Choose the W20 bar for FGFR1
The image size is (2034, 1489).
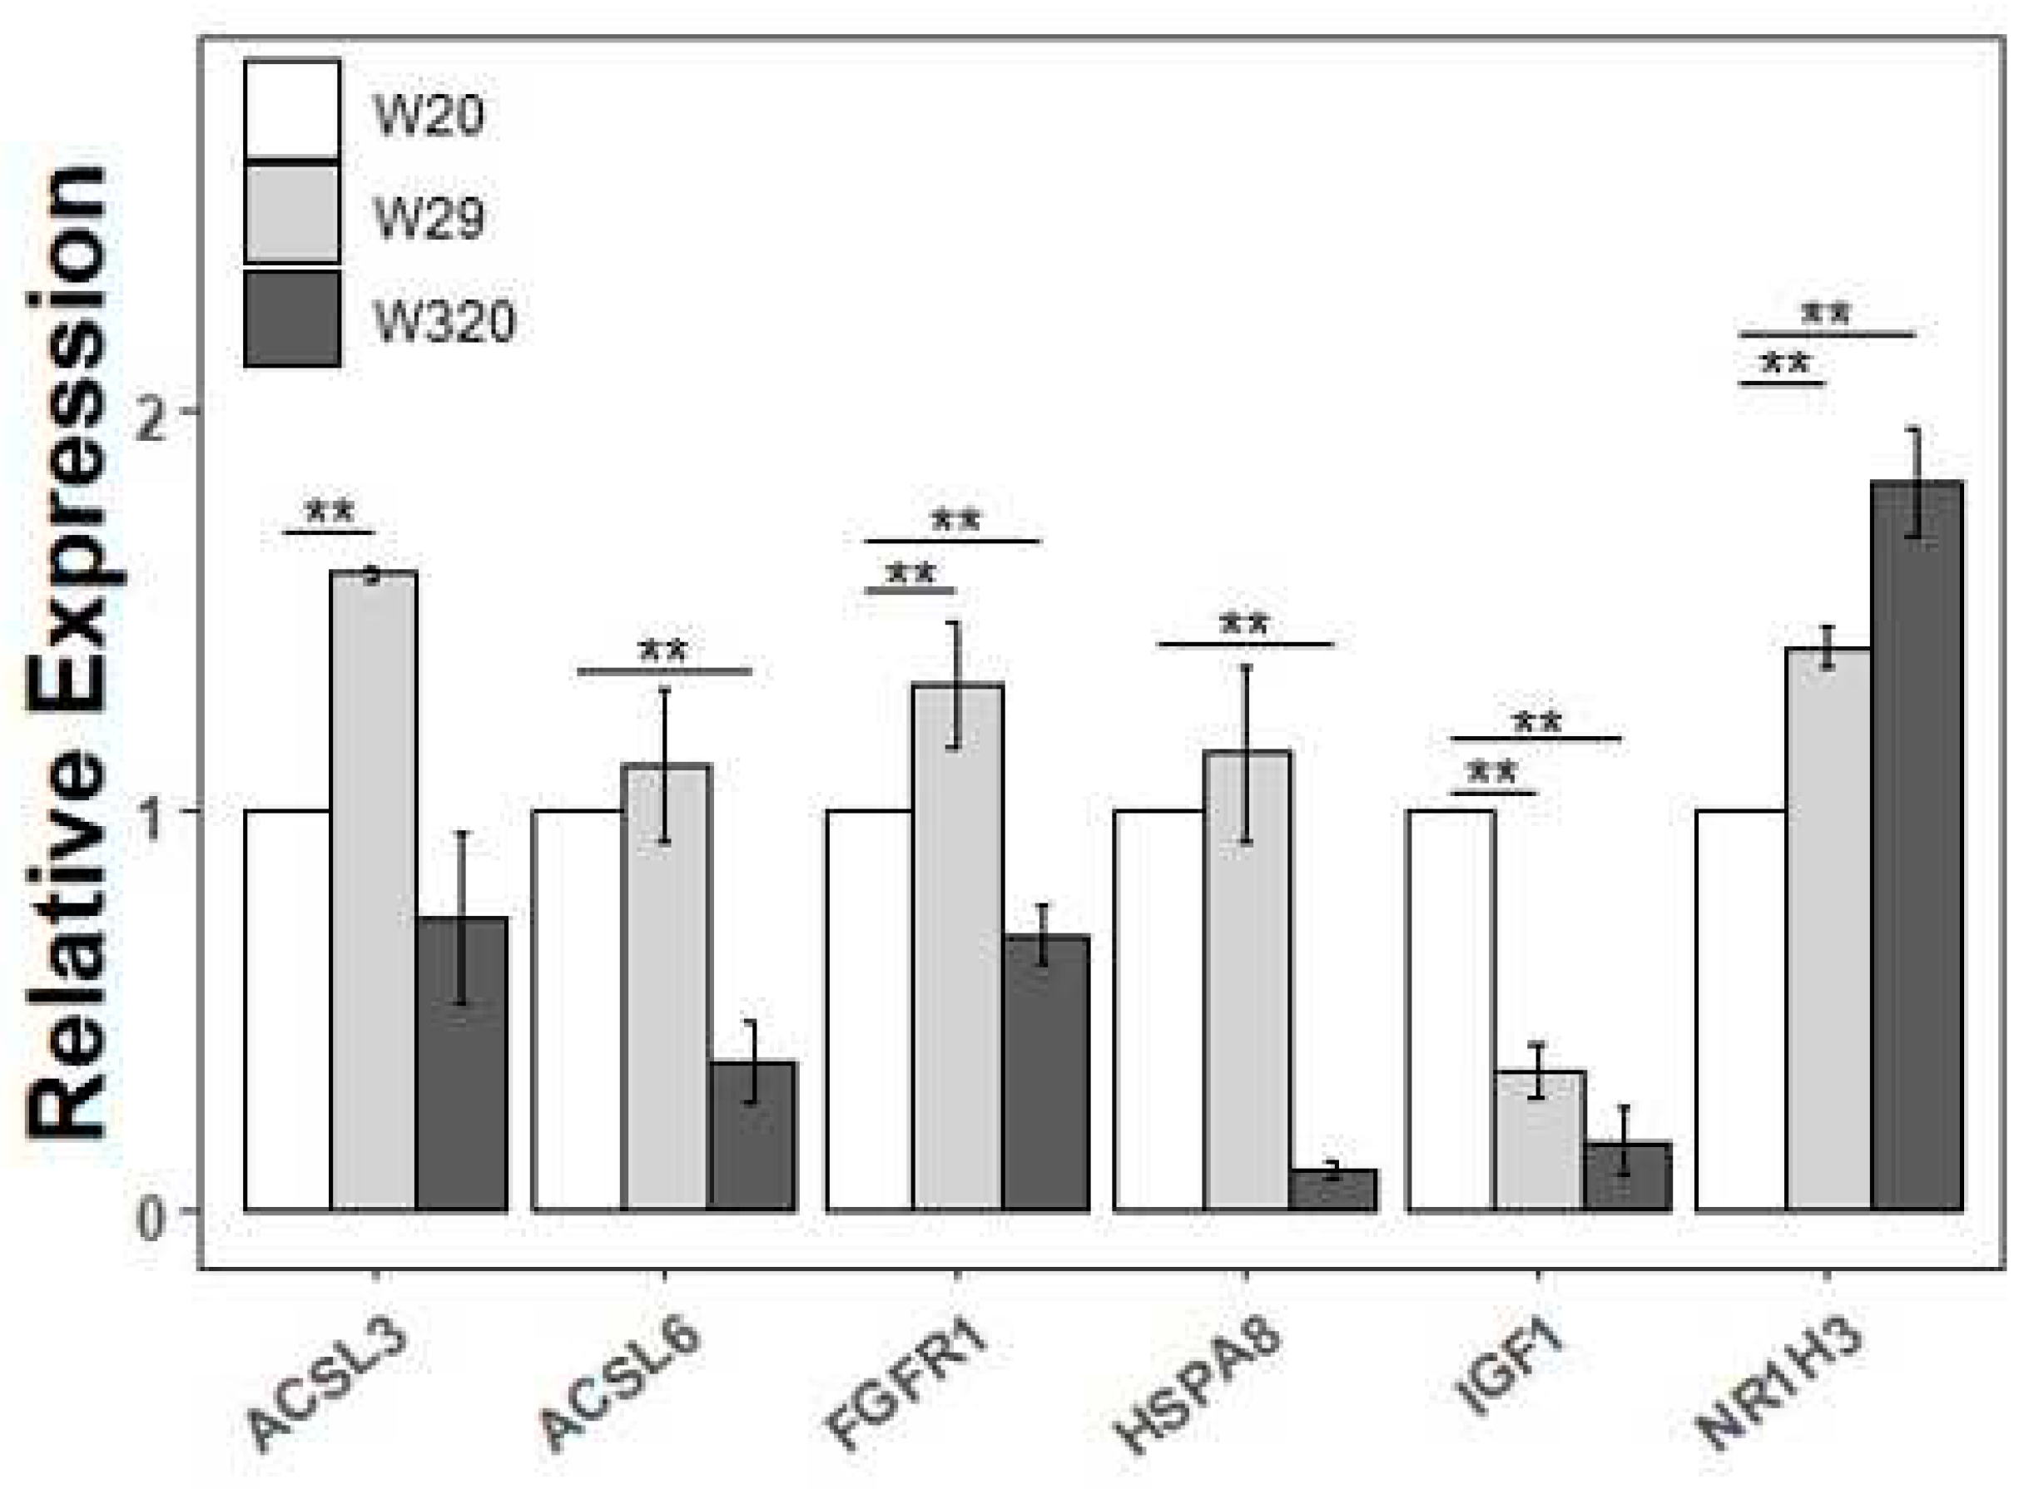coord(869,1010)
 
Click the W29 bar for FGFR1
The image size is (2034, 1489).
coord(956,947)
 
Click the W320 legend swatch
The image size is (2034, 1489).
coord(292,318)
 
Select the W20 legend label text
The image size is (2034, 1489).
coord(429,115)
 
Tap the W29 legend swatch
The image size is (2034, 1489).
coord(292,214)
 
